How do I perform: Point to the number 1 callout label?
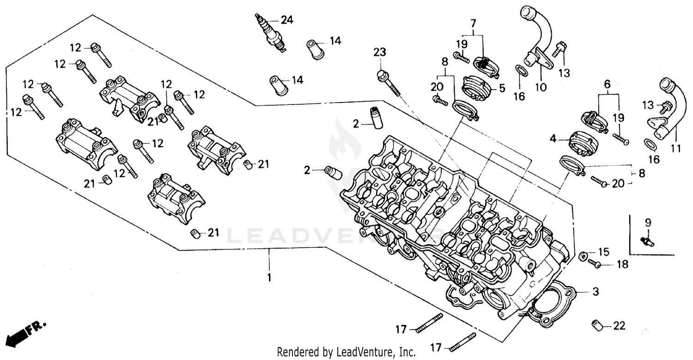(269, 278)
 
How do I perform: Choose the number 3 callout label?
(596, 292)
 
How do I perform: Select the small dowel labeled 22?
(597, 325)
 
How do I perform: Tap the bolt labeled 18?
(594, 264)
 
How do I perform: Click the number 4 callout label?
(553, 138)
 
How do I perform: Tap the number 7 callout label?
(473, 22)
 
